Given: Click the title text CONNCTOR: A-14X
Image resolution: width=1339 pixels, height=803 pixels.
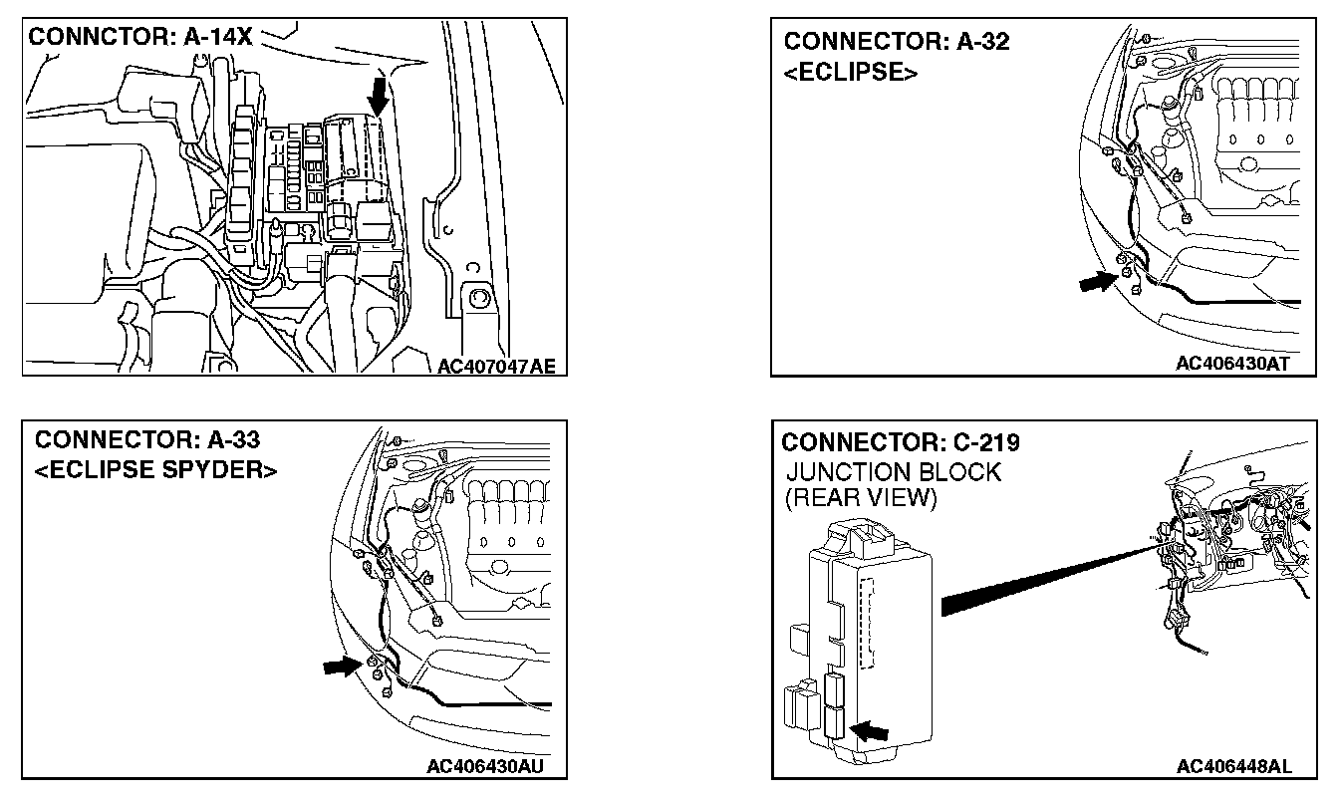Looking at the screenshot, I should [141, 38].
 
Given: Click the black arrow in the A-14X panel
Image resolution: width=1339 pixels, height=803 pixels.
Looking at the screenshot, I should [379, 97].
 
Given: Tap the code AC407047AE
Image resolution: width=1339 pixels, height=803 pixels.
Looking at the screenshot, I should [495, 367].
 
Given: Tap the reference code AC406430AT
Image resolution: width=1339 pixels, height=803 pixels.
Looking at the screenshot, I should [1232, 364].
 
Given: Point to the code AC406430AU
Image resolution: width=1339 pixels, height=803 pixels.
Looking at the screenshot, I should [483, 766].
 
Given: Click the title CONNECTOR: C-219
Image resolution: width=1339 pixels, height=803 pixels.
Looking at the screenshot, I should [901, 442].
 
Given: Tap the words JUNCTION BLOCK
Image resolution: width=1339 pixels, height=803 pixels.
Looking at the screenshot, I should [893, 472].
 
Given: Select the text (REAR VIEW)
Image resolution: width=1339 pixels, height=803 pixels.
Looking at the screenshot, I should [861, 499].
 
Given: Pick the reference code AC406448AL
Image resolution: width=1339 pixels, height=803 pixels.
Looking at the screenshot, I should [1233, 766].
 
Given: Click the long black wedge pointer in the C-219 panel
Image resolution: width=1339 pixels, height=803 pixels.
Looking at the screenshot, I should [1046, 578].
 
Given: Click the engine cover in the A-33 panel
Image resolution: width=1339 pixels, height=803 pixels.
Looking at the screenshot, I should [509, 528].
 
